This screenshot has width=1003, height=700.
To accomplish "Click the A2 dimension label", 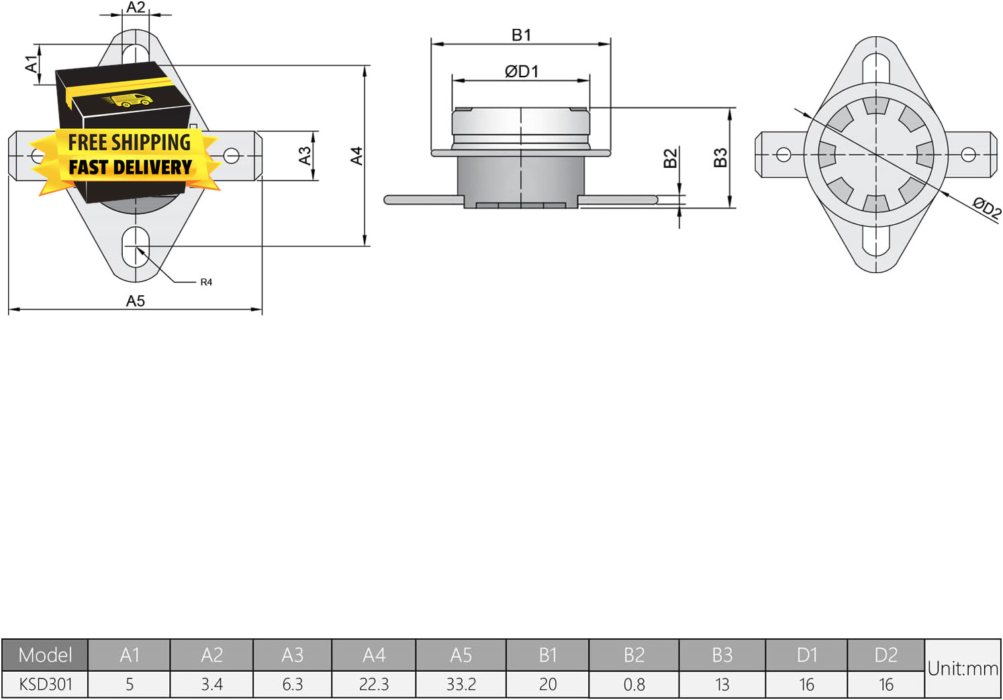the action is click(x=136, y=7).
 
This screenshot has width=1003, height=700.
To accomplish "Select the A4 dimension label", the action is click(x=356, y=156).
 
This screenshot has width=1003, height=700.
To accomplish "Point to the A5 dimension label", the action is click(x=135, y=301).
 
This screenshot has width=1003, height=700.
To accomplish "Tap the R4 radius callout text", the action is click(x=206, y=282).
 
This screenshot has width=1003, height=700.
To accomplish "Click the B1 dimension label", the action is click(x=521, y=35).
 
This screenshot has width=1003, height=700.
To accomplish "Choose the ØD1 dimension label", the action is click(x=522, y=71).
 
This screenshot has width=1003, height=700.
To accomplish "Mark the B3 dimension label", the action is click(x=720, y=158).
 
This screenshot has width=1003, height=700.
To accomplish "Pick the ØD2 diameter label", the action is click(x=987, y=209).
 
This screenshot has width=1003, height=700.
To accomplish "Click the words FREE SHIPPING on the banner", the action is click(x=130, y=142).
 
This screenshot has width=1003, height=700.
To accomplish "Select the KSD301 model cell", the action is click(x=45, y=685).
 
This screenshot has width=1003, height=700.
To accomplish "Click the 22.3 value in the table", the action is click(x=374, y=685).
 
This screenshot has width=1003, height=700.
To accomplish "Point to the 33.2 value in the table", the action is click(x=461, y=685).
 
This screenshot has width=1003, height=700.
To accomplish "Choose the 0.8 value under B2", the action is click(x=634, y=685).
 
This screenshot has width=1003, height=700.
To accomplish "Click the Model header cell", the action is click(x=45, y=655).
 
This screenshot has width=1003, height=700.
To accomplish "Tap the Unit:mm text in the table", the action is click(x=963, y=668).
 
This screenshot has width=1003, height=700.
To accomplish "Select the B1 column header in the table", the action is click(x=548, y=655).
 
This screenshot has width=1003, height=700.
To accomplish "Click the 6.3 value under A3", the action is click(x=293, y=685).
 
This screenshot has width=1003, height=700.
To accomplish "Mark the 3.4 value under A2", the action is click(x=211, y=685).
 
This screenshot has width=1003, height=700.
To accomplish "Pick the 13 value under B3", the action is click(x=722, y=685).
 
